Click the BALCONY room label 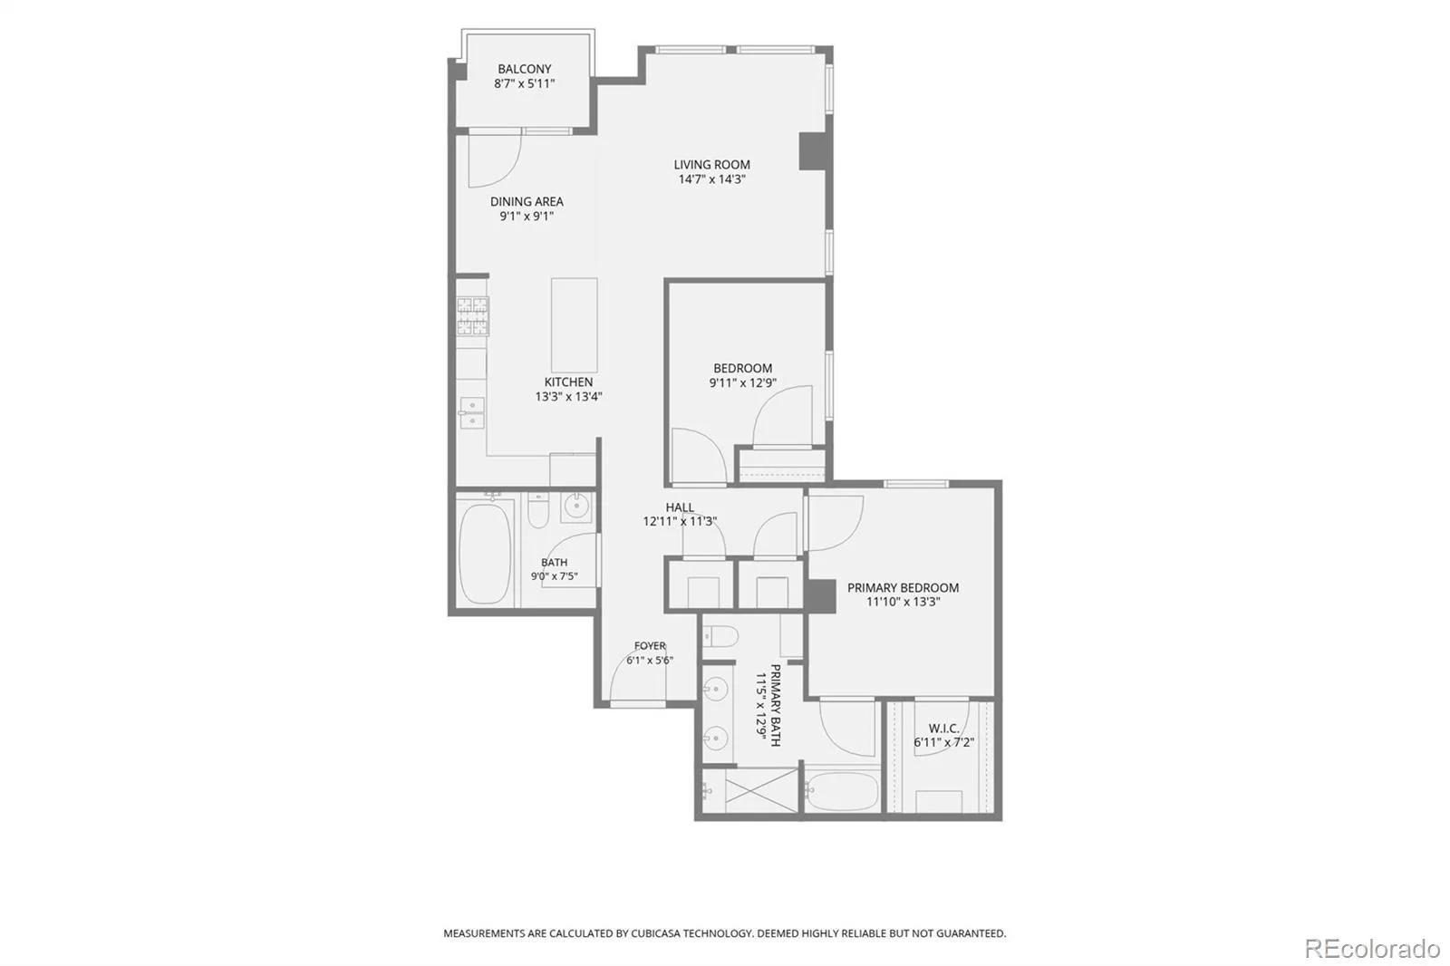tap(525, 69)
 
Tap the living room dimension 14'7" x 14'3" tap(711, 179)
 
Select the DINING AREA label tap(527, 201)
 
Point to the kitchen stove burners tap(472, 316)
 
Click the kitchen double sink tap(472, 413)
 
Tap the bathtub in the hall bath tap(484, 554)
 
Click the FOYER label tap(650, 645)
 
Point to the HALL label tap(680, 507)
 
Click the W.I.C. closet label tap(943, 729)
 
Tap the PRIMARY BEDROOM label tap(903, 587)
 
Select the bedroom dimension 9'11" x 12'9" tap(742, 382)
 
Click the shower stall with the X tap(761, 790)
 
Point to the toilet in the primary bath tap(720, 636)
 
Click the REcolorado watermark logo tap(1372, 949)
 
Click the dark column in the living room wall tap(813, 151)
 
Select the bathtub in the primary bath tap(842, 790)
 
